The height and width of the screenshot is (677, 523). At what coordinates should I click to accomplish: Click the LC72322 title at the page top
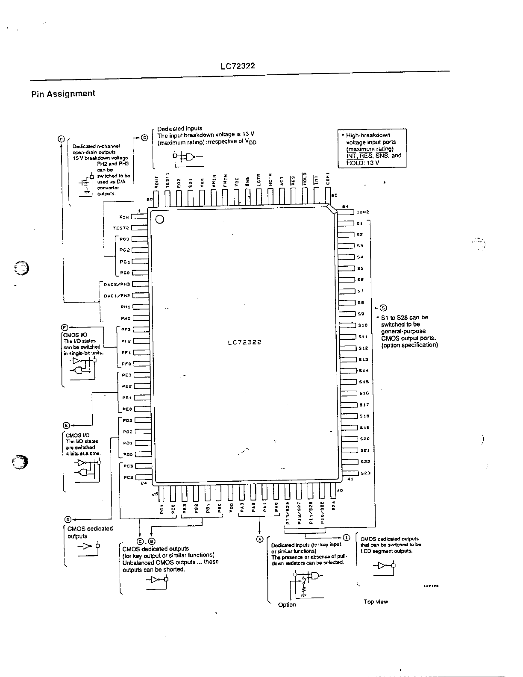(x=238, y=66)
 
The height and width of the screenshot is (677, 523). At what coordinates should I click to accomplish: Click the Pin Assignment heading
(x=63, y=94)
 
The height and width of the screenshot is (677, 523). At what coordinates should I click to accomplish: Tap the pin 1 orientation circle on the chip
(x=160, y=220)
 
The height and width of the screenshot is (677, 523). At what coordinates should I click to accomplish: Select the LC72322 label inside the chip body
(x=244, y=342)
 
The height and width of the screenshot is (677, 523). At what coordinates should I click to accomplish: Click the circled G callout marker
(x=144, y=138)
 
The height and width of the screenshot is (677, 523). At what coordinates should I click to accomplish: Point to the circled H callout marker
(x=62, y=138)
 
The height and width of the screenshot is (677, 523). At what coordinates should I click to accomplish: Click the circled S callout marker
(x=383, y=308)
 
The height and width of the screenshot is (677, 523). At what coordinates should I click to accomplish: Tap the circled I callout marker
(x=347, y=537)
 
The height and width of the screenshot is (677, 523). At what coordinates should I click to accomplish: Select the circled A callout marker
(x=259, y=539)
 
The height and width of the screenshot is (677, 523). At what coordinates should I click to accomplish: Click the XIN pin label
(x=124, y=217)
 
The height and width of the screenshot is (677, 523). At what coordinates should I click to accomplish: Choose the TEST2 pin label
(x=121, y=228)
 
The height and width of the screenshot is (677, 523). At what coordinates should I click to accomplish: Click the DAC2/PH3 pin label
(x=117, y=284)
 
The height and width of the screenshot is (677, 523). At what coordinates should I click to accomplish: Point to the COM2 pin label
(x=362, y=212)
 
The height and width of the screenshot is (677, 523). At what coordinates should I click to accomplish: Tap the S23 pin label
(x=365, y=473)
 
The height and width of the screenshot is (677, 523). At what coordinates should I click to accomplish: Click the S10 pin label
(x=363, y=325)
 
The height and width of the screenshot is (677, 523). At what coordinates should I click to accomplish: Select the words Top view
(x=376, y=602)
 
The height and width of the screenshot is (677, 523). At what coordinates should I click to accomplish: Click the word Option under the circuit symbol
(x=287, y=605)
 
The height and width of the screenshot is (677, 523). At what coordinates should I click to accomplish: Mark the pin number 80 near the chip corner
(x=149, y=200)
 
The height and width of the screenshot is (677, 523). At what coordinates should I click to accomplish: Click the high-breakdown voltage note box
(x=372, y=148)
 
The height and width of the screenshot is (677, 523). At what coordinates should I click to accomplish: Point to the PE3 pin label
(x=126, y=375)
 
